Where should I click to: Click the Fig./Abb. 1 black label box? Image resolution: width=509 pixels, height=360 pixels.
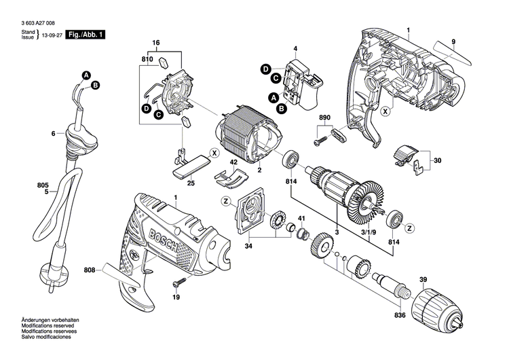(x=87, y=34)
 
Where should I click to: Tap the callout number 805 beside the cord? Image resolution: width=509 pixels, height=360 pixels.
(x=24, y=184)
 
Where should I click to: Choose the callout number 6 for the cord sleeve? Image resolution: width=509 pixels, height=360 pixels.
(x=52, y=134)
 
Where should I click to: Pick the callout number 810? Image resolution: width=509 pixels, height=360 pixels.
(x=147, y=60)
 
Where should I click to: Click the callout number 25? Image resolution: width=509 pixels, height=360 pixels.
(x=191, y=183)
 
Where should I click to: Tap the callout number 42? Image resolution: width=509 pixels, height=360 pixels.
(x=233, y=162)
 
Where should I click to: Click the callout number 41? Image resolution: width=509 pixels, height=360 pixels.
(x=302, y=218)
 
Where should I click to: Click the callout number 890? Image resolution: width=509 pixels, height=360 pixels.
(x=325, y=118)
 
